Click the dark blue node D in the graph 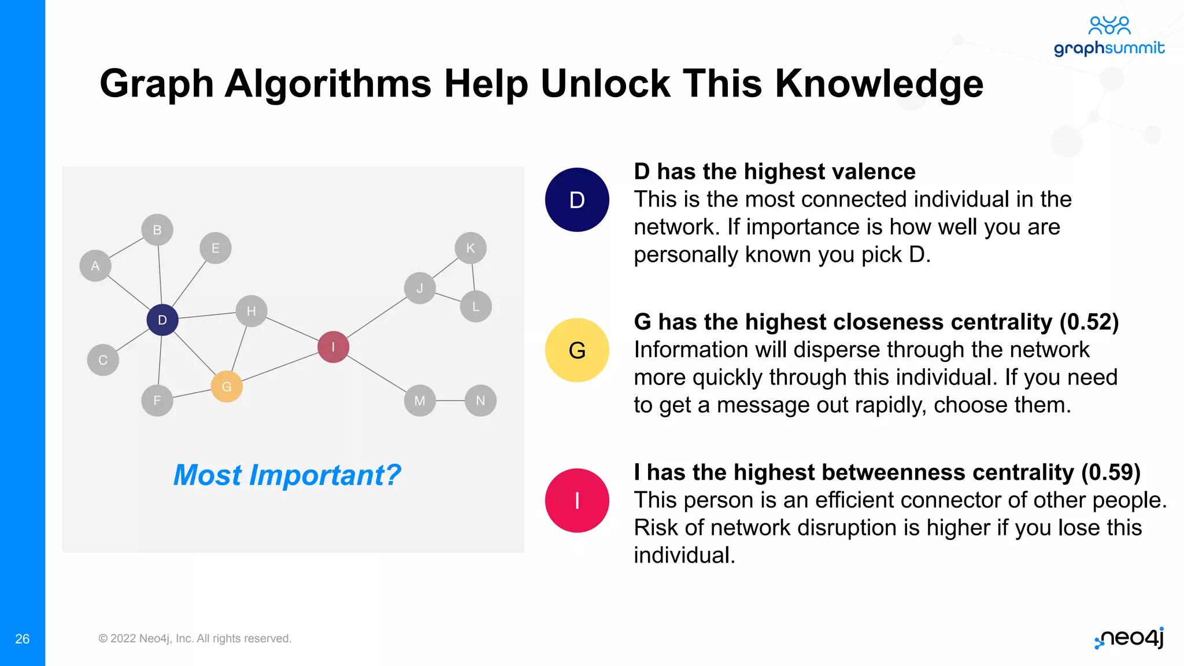(162, 320)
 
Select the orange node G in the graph (227, 387)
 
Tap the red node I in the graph (333, 347)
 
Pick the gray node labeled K (471, 248)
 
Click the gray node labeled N (480, 401)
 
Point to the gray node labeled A (95, 266)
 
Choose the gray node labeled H (251, 311)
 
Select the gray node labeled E (216, 248)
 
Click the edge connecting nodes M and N (450, 401)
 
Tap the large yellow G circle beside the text (577, 350)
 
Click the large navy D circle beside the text (577, 200)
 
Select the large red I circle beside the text (577, 501)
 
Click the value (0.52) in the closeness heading (1089, 322)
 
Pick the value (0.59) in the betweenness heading (1111, 472)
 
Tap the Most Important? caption (287, 475)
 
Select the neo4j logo (1130, 638)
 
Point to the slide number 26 (22, 639)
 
